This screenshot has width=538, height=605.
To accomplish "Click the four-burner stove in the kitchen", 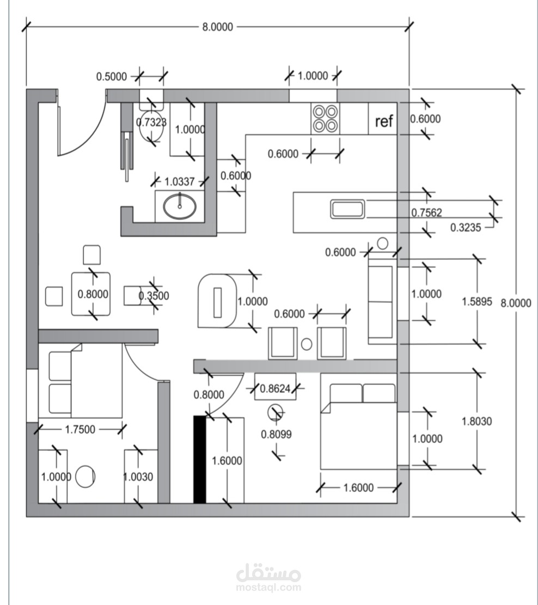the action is [x=325, y=119].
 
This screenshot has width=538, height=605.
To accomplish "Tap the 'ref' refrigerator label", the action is [x=383, y=121].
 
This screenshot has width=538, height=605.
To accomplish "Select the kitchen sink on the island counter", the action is [x=347, y=209].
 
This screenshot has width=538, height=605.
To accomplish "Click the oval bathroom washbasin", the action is [x=180, y=206].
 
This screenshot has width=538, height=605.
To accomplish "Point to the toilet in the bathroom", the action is [x=151, y=122].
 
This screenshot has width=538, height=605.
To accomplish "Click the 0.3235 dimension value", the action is [x=466, y=228].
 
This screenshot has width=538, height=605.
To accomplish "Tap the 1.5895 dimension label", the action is [x=477, y=302].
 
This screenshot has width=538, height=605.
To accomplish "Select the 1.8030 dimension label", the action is [x=477, y=421].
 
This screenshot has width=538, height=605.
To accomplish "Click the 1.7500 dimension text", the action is [x=80, y=430].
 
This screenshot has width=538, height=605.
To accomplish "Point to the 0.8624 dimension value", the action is [x=275, y=389].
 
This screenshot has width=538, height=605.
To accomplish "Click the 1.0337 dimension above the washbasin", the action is [x=180, y=181].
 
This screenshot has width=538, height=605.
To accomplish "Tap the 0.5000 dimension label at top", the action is [x=112, y=77].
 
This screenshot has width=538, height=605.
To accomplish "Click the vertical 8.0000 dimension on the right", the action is [x=516, y=303].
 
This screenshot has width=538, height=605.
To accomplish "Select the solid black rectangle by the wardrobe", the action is [x=199, y=460].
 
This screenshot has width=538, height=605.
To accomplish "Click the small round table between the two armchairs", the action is [x=307, y=344].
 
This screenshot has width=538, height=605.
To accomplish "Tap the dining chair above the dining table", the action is [x=92, y=255].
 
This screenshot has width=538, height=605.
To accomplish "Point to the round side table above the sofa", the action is [x=382, y=243].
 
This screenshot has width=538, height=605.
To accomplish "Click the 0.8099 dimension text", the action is [x=276, y=435].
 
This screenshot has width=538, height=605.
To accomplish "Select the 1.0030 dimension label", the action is [x=138, y=477].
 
